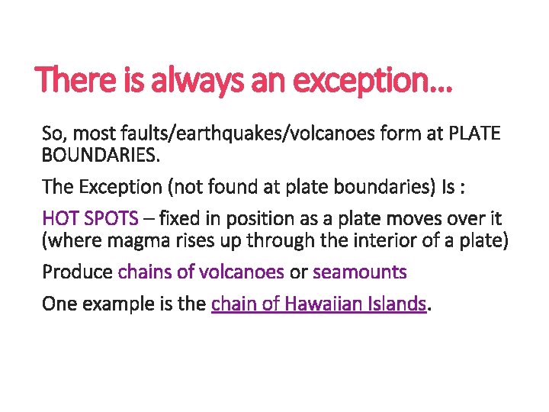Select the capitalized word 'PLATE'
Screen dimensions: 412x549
tap(474, 134)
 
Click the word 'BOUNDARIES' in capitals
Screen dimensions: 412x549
tap(99, 156)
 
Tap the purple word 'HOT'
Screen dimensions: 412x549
tap(59, 219)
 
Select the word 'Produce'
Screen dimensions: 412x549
tap(77, 272)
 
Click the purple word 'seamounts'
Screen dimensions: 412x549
tap(360, 272)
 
